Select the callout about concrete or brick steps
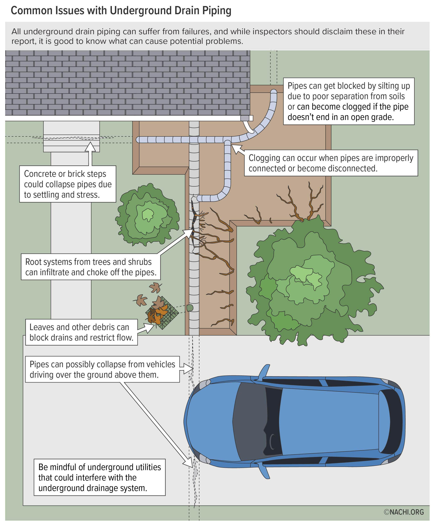pos(68,184)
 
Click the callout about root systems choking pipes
pos(91,267)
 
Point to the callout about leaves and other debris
pos(81,332)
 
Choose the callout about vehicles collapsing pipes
pos(102,370)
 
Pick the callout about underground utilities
pos(100,477)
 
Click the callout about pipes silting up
pos(349,101)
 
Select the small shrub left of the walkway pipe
pos(148,215)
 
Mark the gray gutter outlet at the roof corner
pos(245,118)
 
